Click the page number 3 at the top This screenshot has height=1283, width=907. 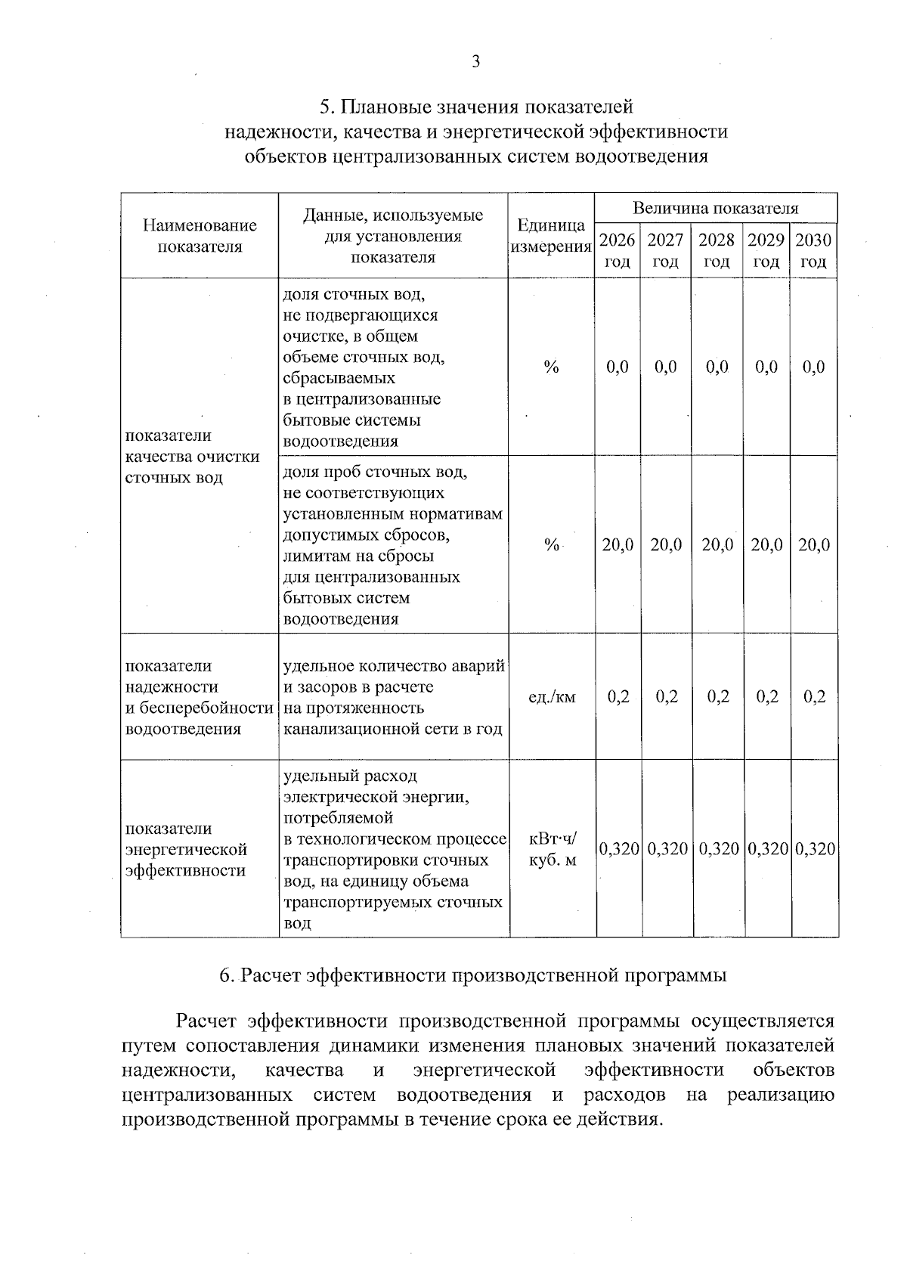(475, 62)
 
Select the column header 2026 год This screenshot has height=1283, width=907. (618, 251)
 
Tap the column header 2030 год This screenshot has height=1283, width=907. (813, 251)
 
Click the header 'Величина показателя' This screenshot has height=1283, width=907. (715, 209)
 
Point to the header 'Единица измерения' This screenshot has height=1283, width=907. (551, 236)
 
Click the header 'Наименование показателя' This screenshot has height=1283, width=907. (200, 236)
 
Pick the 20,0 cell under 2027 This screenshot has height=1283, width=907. (666, 545)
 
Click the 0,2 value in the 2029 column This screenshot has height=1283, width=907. (766, 697)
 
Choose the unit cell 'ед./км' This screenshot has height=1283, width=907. (551, 697)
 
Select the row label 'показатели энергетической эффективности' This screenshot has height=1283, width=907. (186, 849)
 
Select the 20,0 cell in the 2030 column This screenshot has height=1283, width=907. (813, 545)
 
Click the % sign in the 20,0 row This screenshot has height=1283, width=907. (551, 545)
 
